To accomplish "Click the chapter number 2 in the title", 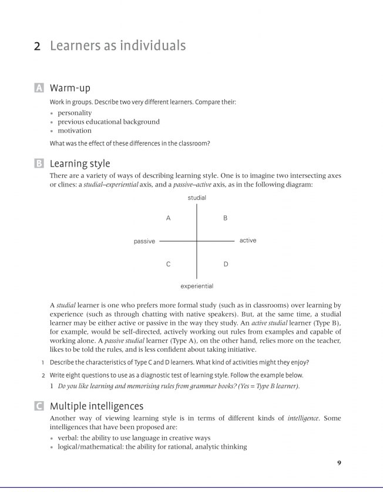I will [x=37, y=46].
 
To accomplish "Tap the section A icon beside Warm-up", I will [x=39, y=88].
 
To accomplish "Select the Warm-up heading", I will [x=70, y=88].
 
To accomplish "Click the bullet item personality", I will [x=75, y=113].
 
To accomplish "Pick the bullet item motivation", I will [x=75, y=130].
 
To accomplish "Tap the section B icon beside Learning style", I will [x=39, y=164].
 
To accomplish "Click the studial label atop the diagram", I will [x=197, y=198].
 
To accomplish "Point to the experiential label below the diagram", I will [x=197, y=286].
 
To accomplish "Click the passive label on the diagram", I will [x=145, y=241].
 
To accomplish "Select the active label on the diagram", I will [x=248, y=240].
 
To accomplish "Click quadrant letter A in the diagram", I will [x=168, y=218].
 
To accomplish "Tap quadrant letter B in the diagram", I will [x=226, y=218].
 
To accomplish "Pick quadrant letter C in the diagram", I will [x=168, y=264].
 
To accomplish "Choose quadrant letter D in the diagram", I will [x=226, y=264].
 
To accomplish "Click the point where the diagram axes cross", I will [x=197, y=241].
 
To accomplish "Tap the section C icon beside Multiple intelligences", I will [x=39, y=406].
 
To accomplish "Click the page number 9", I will [x=339, y=463].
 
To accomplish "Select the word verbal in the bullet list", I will [x=69, y=438].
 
